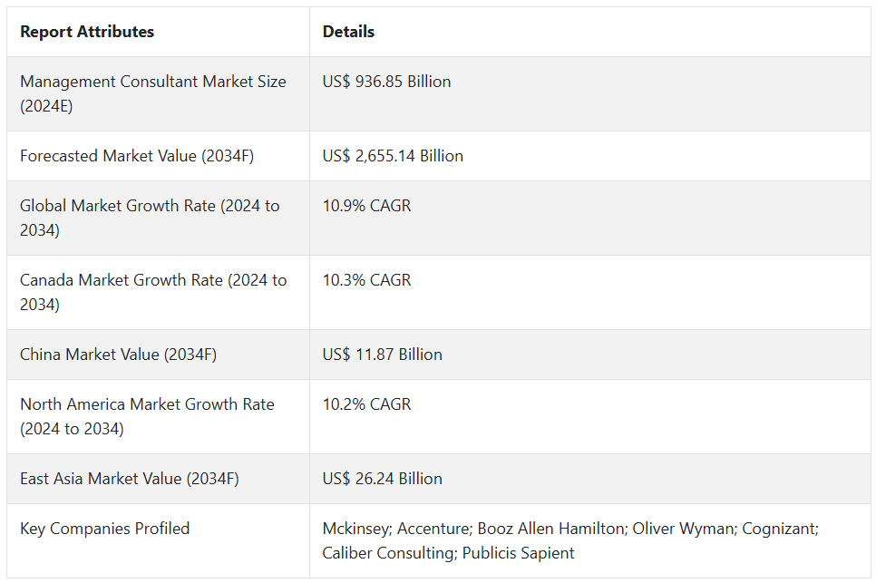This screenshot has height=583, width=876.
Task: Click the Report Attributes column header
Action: coord(87,32)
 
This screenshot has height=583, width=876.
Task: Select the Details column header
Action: coord(348,32)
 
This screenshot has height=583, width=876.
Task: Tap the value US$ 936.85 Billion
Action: coord(386,82)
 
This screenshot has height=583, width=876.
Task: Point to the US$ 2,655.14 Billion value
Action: coord(393,156)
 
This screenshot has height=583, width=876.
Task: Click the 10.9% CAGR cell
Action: coord(366,206)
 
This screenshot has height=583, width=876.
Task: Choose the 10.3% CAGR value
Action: coord(366,280)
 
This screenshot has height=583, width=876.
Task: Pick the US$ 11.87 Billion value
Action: coord(382,355)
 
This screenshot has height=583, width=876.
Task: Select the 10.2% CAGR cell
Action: coord(366,404)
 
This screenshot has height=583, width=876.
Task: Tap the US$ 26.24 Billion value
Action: coord(382,479)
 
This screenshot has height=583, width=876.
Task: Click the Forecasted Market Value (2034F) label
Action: coord(137,156)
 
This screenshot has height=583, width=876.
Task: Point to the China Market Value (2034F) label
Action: coord(118,355)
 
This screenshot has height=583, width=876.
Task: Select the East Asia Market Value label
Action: coord(130,479)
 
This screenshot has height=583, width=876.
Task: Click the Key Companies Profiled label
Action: coord(105,529)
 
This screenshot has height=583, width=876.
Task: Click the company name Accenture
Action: coord(432,529)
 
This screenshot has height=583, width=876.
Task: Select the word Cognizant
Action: coord(780,529)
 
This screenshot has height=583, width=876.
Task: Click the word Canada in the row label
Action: coord(47,280)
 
